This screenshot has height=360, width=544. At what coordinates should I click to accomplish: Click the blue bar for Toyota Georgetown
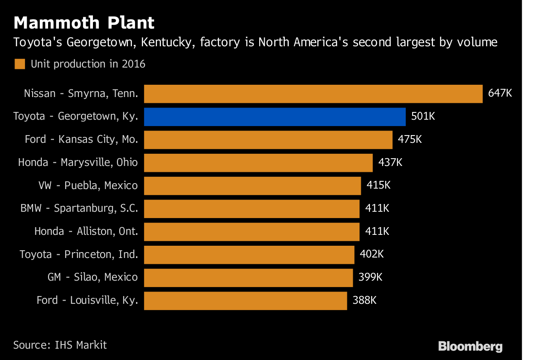(275, 117)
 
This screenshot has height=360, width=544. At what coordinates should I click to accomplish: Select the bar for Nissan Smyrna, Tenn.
(313, 94)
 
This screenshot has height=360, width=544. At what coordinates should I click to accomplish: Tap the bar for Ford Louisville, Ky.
(245, 300)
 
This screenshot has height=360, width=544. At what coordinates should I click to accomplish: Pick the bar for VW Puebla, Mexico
(253, 185)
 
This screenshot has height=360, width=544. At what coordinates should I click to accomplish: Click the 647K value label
(500, 93)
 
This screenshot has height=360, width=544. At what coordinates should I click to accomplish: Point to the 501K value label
(423, 117)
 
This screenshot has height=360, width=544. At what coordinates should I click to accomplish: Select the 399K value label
(370, 277)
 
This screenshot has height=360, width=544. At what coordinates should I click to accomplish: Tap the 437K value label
(390, 162)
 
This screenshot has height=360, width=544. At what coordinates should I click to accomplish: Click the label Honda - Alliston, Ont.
(86, 231)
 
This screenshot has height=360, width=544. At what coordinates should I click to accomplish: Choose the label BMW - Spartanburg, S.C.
(79, 209)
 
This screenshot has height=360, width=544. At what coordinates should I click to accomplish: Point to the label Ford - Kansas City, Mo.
(81, 139)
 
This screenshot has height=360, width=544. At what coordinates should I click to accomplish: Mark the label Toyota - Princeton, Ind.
(78, 254)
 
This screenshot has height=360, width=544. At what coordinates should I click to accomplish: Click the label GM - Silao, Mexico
(92, 277)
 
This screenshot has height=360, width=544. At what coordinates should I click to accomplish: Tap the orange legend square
(19, 64)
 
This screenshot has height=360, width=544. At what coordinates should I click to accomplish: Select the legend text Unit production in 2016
(88, 64)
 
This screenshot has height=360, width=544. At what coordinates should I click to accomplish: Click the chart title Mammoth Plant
(84, 23)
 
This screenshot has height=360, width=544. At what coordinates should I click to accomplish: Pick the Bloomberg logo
(470, 347)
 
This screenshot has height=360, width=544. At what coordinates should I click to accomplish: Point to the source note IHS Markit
(60, 345)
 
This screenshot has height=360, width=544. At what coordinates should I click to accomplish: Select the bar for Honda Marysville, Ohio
(258, 162)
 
